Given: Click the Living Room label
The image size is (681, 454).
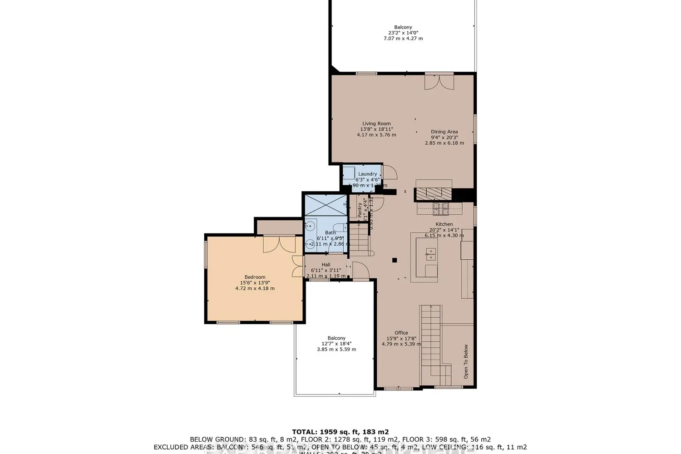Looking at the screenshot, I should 376,123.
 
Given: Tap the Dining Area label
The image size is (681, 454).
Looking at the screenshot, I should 444,132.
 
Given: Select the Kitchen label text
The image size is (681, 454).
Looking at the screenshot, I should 444,224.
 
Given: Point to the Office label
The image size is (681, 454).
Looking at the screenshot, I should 401,333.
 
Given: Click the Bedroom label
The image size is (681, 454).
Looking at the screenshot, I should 255,277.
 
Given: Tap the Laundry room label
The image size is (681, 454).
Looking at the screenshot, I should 367,174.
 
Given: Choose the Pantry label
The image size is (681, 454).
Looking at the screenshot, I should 360,210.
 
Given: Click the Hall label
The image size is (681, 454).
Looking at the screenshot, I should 326,265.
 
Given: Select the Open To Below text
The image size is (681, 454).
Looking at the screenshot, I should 466,361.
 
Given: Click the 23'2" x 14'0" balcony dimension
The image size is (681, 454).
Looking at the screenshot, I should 403,33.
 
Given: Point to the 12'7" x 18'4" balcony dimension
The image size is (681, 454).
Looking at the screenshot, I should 336,344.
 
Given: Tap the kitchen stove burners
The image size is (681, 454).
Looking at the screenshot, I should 440,208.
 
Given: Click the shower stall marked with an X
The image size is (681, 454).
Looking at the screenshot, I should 325,204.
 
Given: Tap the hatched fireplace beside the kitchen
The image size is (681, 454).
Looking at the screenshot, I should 434,194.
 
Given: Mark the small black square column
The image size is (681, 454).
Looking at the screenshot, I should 395,260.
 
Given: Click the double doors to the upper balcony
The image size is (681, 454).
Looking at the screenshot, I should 439,82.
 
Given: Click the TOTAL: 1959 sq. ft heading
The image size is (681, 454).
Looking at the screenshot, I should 340,432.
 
